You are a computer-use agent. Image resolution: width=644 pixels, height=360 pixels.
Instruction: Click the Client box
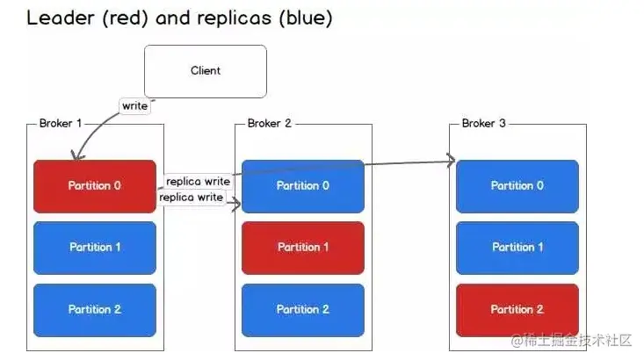click(x=206, y=71)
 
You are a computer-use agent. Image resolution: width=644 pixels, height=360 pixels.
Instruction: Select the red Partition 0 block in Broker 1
click(x=95, y=186)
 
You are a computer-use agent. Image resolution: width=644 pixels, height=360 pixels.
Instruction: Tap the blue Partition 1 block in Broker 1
click(x=95, y=248)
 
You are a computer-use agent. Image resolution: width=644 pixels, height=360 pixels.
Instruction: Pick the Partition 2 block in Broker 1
click(x=95, y=310)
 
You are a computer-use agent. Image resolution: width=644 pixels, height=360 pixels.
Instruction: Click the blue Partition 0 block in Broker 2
click(x=303, y=186)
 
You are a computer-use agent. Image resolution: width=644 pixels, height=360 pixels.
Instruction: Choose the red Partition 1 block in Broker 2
click(x=303, y=248)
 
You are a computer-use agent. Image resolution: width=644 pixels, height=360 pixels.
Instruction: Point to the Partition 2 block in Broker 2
click(x=303, y=310)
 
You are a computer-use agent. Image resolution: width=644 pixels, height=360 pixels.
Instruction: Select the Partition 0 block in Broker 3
click(x=517, y=186)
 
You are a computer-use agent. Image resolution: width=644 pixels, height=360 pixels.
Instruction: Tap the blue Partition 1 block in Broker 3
click(x=517, y=248)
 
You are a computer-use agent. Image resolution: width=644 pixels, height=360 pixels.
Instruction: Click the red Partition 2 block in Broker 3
click(x=517, y=310)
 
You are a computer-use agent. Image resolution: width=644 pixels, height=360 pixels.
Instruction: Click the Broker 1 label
click(x=61, y=123)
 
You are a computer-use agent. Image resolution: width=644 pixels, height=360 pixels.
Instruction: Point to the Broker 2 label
click(x=270, y=123)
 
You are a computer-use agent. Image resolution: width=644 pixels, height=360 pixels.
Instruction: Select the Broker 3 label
click(x=484, y=123)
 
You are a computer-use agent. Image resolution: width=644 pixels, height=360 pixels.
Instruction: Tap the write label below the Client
click(x=134, y=106)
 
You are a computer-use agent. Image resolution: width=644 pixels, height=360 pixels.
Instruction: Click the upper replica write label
click(x=198, y=181)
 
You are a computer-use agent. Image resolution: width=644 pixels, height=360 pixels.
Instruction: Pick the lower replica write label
click(x=191, y=197)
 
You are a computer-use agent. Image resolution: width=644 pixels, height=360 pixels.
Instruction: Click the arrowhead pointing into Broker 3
click(x=452, y=160)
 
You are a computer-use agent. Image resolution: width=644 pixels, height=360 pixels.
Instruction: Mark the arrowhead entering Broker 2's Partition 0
click(x=236, y=204)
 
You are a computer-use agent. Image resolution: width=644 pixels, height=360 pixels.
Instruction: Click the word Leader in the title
click(x=61, y=18)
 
